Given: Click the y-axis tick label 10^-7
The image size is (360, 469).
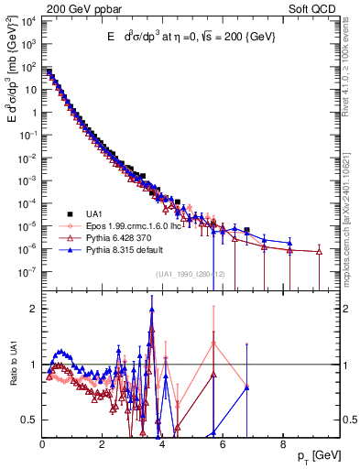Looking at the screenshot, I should [29, 271].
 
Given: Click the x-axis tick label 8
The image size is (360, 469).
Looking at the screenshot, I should [282, 444].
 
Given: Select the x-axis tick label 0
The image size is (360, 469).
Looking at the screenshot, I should [42, 444].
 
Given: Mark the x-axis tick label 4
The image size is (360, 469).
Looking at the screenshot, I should [162, 444].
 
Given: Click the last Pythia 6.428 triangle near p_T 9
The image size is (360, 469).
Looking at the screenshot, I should [320, 252].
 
